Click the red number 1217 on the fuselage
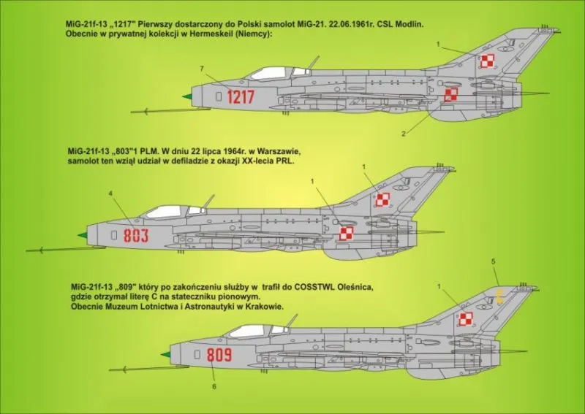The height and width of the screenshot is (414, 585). pos(241,97)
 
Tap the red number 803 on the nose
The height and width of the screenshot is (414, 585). pos(136,236)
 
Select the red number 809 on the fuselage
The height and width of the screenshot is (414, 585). pos(219,355)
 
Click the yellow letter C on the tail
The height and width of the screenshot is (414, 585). pos(500,296)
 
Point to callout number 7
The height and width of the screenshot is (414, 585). pos(202,69)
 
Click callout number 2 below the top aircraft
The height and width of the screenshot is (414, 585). pos(404,134)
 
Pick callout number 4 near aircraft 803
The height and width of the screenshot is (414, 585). pos(110,193)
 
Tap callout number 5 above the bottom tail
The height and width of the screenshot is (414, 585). pos(493,261)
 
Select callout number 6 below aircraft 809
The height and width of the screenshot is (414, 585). pos(214,386)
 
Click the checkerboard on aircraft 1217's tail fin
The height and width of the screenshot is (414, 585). pos(486,61)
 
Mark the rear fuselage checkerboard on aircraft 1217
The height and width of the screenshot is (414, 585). pos(450,95)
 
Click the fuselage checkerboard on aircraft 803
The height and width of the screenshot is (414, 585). pos(346,234)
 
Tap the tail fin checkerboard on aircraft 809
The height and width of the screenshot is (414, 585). pos(466,319)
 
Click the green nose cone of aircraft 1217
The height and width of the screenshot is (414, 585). pos(187,97)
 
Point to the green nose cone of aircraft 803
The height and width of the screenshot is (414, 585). pos(83,235)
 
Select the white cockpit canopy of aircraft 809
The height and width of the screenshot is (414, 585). pos(249,331)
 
